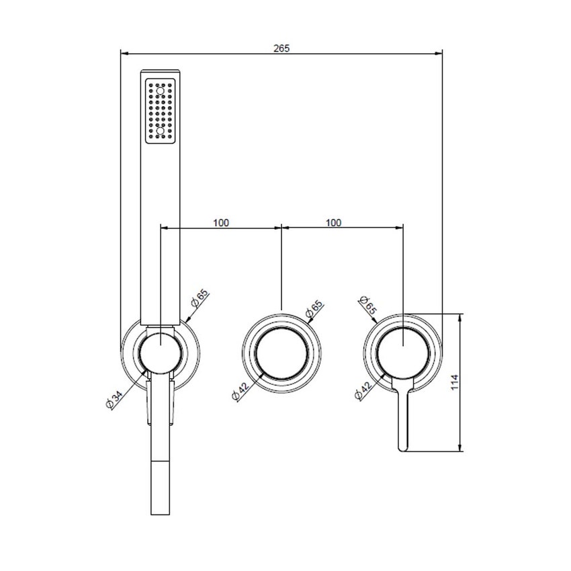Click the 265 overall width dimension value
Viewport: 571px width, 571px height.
point(281,48)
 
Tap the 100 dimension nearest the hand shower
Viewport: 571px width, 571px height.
point(221,223)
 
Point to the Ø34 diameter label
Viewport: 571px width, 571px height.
point(112,399)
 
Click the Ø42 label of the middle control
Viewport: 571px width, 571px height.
point(238,390)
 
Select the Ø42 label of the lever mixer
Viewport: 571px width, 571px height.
point(361,390)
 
